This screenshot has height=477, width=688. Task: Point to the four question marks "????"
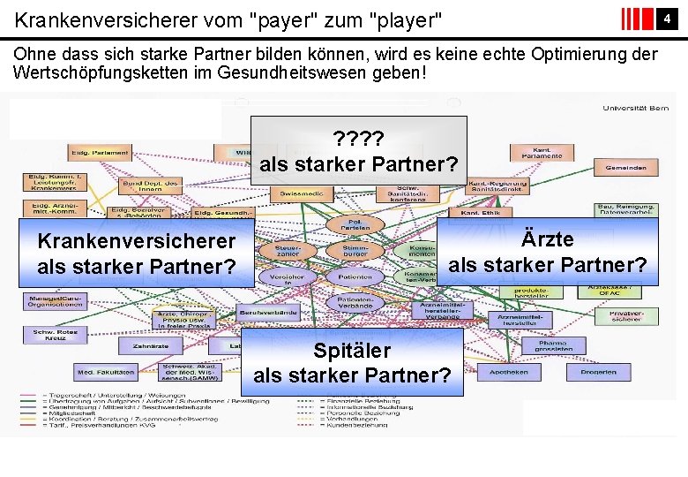(x=358, y=139)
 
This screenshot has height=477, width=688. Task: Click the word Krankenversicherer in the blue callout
(x=136, y=240)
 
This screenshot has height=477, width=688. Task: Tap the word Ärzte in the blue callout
(x=547, y=239)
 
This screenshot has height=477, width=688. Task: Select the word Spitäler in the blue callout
(x=351, y=351)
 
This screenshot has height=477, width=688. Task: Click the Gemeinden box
(x=625, y=165)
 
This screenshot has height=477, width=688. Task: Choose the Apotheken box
(x=510, y=372)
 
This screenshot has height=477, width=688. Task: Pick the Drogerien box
(x=599, y=372)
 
